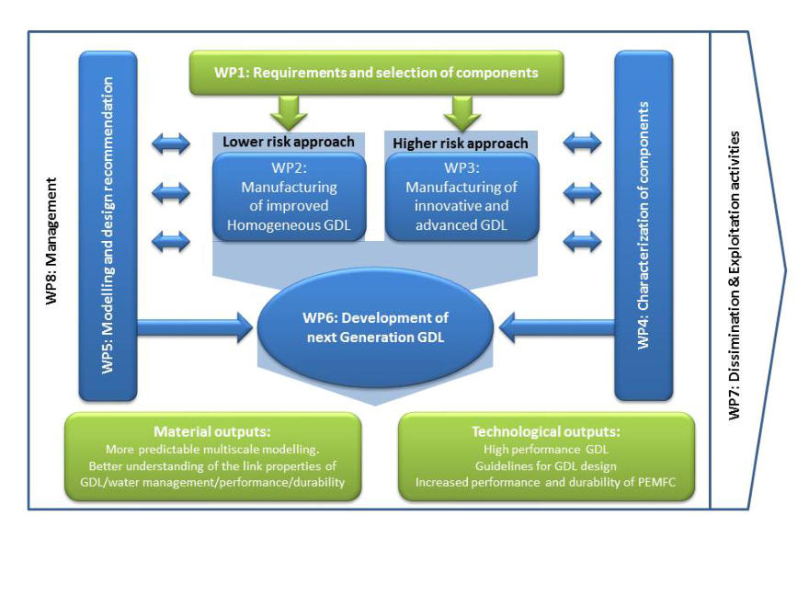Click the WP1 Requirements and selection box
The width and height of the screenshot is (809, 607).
click(x=376, y=72)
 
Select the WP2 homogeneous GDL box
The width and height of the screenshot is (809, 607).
click(x=290, y=197)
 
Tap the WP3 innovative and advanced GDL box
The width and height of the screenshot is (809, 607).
click(x=461, y=197)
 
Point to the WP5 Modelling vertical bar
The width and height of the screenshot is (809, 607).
click(x=108, y=225)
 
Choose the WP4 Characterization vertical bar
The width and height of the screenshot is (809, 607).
click(x=643, y=225)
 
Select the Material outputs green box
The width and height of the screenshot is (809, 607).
click(x=212, y=457)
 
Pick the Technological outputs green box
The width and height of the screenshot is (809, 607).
click(x=546, y=457)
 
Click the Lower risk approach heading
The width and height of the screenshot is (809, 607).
click(x=289, y=142)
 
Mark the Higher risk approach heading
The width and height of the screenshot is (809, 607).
click(x=461, y=143)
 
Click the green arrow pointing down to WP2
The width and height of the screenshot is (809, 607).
click(x=289, y=114)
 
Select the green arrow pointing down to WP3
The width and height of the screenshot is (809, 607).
click(x=461, y=114)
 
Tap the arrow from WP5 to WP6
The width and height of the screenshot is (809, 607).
click(x=194, y=324)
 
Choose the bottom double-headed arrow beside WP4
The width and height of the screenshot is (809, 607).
click(x=581, y=242)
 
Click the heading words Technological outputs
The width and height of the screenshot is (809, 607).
click(x=546, y=431)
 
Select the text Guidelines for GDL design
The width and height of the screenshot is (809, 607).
click(x=546, y=466)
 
